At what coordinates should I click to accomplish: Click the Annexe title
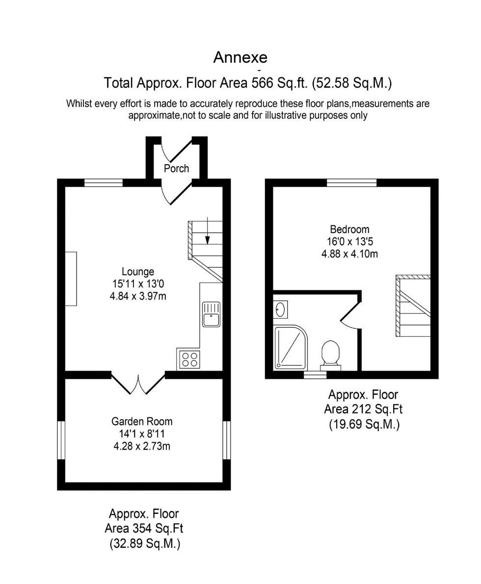pos(240,57)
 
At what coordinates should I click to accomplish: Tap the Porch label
pos(176,168)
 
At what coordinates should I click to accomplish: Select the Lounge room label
pos(138,271)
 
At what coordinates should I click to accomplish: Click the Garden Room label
pos(142,421)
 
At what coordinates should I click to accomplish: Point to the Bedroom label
pos(349,229)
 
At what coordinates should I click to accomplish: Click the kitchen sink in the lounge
pos(212,314)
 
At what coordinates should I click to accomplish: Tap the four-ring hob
pos(189,359)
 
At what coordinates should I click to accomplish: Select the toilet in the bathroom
pos(330,353)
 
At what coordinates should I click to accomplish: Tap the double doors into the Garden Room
pos(138,384)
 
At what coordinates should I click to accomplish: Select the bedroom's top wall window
pos(351,183)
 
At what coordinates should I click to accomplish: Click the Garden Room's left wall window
pos(61,440)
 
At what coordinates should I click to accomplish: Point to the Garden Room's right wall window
pos(226,440)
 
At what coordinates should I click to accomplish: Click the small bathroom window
pos(315,375)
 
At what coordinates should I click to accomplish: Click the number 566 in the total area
pos(263,83)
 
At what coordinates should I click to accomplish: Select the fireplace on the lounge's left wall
pos(71,278)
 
